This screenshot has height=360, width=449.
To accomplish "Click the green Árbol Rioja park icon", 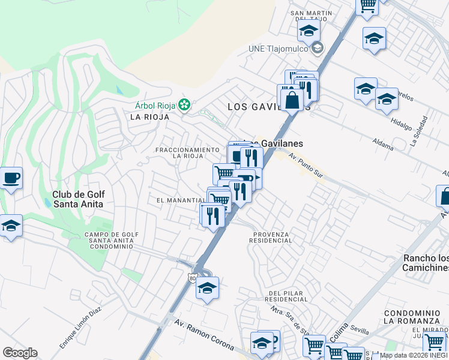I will (185, 106).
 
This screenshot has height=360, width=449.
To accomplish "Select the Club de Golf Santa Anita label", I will (78, 199).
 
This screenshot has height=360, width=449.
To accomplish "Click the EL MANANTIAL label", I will (181, 200).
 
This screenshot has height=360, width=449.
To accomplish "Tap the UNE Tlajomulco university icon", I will (317, 49).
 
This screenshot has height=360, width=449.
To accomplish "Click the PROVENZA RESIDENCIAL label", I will (272, 237).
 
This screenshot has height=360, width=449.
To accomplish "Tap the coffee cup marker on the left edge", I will (11, 178).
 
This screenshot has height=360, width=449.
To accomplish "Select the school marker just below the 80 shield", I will (208, 289).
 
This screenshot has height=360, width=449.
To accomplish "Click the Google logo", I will (20, 353).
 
